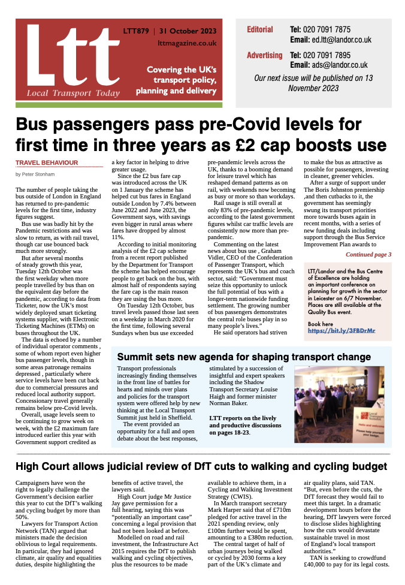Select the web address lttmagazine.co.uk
(187, 43)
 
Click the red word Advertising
(264, 55)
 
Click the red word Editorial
(259, 29)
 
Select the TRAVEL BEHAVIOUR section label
(47, 162)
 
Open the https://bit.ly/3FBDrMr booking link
(341, 330)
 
